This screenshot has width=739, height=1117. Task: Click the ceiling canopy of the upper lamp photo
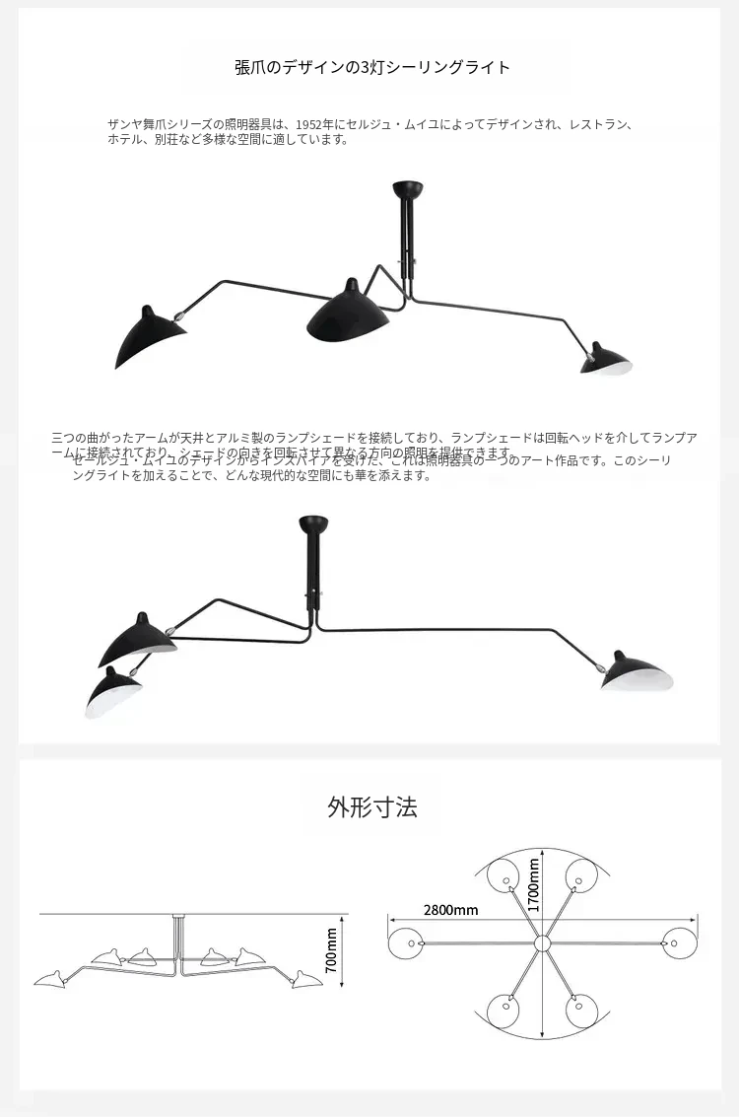404,187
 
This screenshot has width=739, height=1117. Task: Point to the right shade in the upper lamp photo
604,360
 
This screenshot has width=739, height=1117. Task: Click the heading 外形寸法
372,807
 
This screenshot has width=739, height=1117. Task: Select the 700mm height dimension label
331,949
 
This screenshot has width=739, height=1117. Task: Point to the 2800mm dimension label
450,909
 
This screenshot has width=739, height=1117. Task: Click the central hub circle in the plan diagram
541,943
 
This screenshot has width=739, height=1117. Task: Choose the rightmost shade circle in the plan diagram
679,943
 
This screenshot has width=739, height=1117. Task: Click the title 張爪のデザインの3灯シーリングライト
372,67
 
